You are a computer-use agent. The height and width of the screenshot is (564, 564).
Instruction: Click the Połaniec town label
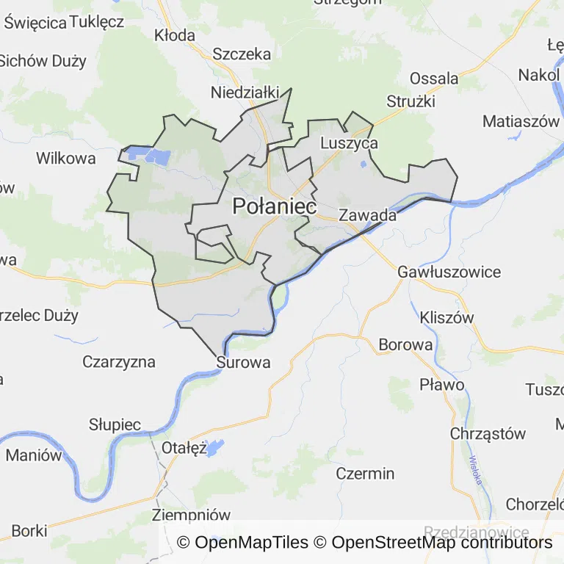point(275,207)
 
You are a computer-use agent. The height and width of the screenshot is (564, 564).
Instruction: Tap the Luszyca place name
point(350,143)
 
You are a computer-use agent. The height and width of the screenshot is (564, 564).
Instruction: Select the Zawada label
point(367,215)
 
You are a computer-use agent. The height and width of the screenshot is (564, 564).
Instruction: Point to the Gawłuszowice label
point(449,272)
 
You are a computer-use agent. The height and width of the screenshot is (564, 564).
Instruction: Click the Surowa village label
point(244,362)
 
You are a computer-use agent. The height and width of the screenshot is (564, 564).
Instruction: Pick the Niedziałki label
point(245,93)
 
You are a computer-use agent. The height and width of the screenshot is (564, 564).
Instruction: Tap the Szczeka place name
point(242,54)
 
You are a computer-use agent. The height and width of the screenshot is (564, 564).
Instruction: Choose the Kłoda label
point(175,35)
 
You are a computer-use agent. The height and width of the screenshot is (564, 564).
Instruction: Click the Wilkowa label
point(66,158)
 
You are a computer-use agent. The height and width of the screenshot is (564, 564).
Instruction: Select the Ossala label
point(434,78)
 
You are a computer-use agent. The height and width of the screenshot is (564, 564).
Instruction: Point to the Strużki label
point(411,101)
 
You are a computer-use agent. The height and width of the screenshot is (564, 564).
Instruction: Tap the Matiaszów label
point(521,121)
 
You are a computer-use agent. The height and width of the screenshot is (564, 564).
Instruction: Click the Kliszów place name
point(447,318)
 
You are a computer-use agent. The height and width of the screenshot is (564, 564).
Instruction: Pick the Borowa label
point(405,344)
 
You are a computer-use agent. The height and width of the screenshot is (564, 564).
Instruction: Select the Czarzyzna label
point(119,361)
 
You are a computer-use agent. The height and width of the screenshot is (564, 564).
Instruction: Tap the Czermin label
point(365,473)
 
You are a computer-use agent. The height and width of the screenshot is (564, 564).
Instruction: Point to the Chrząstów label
point(488,433)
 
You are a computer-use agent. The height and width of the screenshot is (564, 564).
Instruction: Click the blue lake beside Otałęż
point(214,447)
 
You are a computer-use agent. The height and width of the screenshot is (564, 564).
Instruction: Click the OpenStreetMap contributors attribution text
point(441,543)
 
